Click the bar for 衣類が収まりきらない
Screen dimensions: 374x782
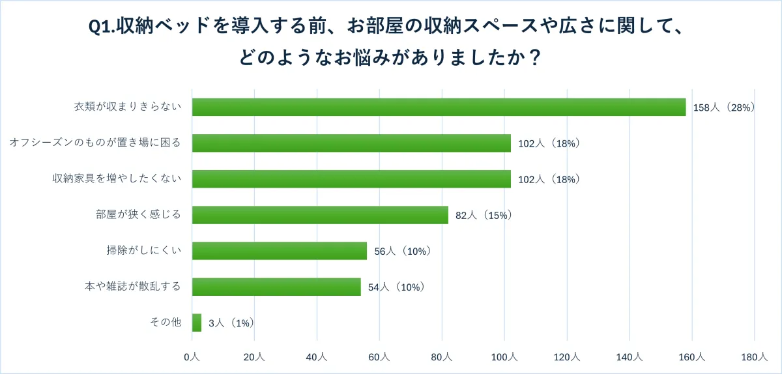pyautogui.click(x=439, y=107)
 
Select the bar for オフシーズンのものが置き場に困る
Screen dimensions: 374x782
pyautogui.click(x=351, y=143)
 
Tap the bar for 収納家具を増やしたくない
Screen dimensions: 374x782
pyautogui.click(x=351, y=179)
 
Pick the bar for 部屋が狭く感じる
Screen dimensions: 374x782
pyautogui.click(x=320, y=215)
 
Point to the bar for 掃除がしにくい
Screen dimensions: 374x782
pyautogui.click(x=280, y=251)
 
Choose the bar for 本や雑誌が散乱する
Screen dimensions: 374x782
pyautogui.click(x=276, y=287)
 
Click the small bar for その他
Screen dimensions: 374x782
pyautogui.click(x=197, y=323)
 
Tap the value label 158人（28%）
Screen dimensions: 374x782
pyautogui.click(x=723, y=108)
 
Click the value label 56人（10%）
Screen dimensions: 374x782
pyautogui.click(x=403, y=251)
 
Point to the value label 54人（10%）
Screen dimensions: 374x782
pyautogui.click(x=396, y=287)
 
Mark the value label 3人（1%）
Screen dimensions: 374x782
pyautogui.click(x=231, y=323)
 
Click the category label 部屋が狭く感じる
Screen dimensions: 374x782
pyautogui.click(x=138, y=215)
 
